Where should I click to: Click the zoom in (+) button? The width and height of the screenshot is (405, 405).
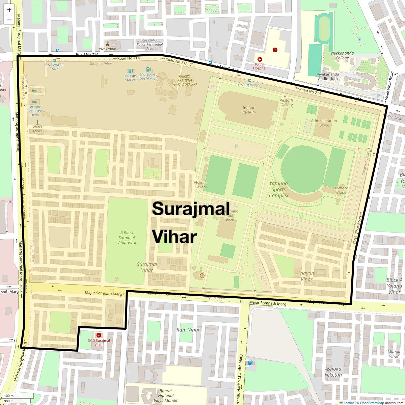[9, 10]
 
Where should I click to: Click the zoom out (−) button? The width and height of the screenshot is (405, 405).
[9, 20]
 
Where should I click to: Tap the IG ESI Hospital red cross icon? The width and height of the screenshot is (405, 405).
[260, 59]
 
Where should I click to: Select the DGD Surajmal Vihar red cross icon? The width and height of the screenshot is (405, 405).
[99, 335]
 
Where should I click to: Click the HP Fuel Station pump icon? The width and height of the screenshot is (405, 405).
[130, 71]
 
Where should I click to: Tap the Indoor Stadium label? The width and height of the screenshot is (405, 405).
[248, 110]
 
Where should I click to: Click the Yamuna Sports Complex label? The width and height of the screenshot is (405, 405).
[279, 189]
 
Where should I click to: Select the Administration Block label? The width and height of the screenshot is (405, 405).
[324, 123]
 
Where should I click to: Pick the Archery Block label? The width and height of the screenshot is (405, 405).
[341, 190]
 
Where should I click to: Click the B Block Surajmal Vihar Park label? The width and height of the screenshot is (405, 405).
[127, 238]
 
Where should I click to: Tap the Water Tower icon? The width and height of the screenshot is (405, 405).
[37, 123]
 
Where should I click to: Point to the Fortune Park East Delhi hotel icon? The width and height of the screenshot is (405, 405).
[34, 102]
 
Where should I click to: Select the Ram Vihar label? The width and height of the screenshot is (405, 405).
[188, 330]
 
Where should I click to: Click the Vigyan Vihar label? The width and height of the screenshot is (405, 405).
[306, 276]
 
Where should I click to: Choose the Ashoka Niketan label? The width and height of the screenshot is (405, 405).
[333, 372]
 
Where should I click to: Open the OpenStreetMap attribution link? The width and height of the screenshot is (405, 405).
[372, 403]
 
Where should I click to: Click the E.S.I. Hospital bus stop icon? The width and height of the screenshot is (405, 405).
[250, 80]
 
